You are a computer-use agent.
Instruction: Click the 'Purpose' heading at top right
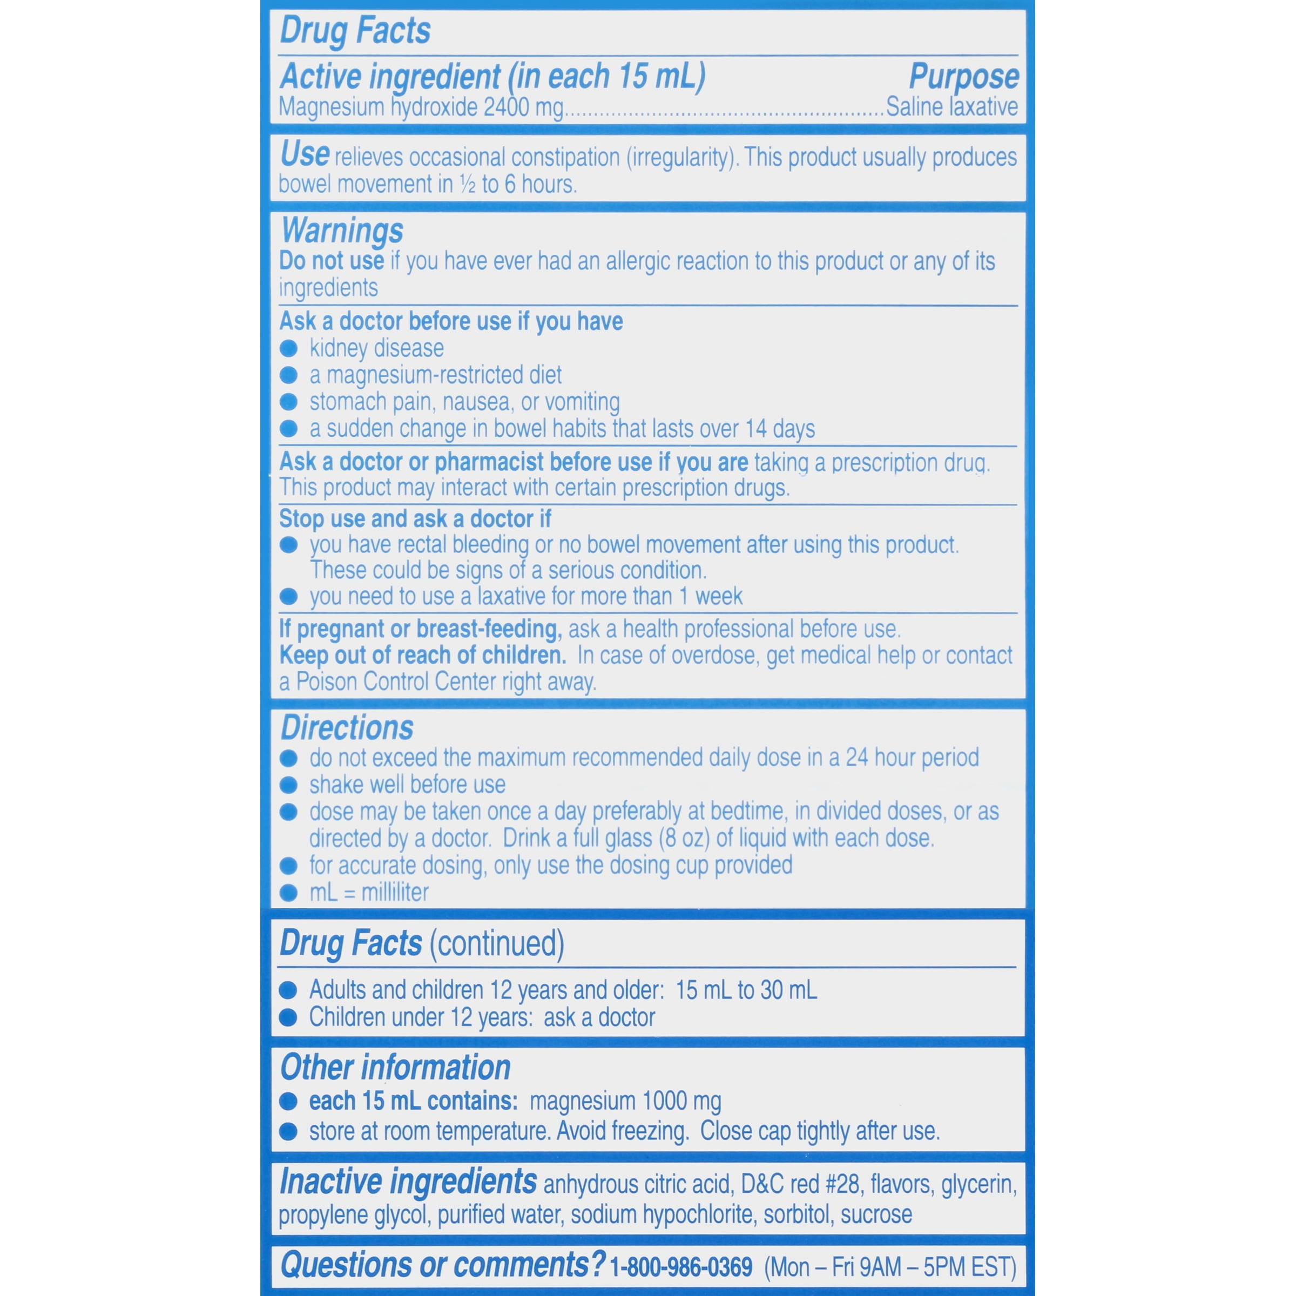click(x=963, y=77)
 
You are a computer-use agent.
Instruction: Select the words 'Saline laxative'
click(x=951, y=107)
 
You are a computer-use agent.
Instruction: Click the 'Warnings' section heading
click(x=342, y=231)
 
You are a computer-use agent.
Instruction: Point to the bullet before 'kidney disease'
click(x=288, y=348)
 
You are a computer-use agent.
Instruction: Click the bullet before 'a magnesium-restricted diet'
click(x=288, y=375)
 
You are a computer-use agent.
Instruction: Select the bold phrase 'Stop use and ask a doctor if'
click(x=415, y=518)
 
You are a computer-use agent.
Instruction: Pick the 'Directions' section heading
click(x=347, y=728)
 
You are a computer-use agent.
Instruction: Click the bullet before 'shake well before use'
click(x=288, y=785)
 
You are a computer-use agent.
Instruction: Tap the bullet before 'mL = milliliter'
click(x=288, y=893)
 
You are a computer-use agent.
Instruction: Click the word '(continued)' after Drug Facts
click(x=496, y=943)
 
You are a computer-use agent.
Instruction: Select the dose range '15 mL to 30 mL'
click(x=746, y=990)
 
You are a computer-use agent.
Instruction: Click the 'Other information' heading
click(x=395, y=1067)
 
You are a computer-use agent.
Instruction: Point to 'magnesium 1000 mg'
click(x=625, y=1101)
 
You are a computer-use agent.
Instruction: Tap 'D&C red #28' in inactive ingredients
click(x=800, y=1184)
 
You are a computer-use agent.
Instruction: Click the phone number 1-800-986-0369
click(x=681, y=1267)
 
